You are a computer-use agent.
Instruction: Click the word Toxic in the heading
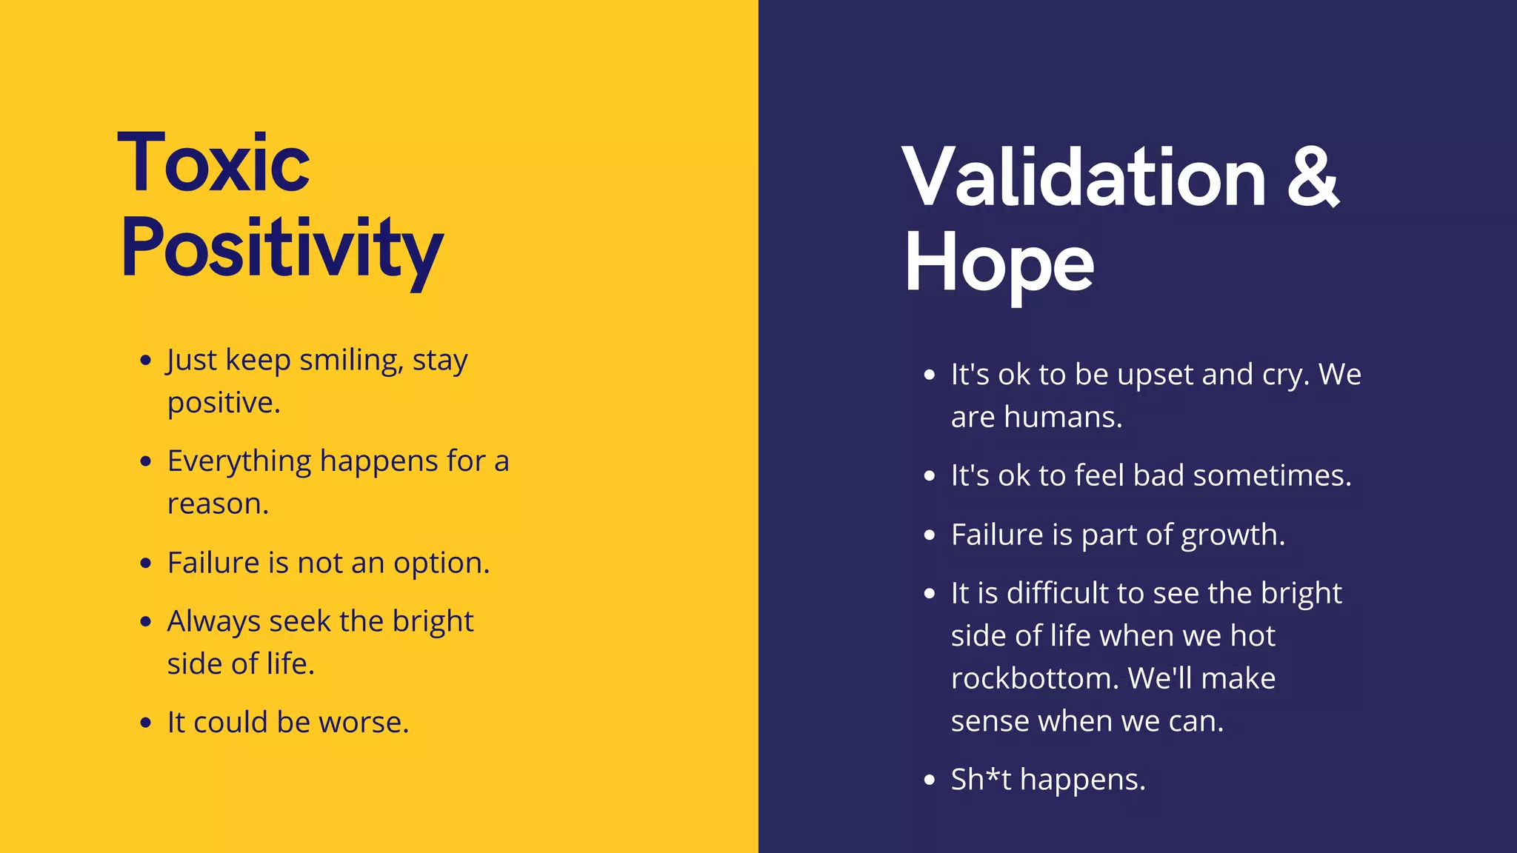213,163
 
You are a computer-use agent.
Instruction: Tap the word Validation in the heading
1083,178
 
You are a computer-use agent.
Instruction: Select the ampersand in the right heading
1312,178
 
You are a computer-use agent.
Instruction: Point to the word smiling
351,361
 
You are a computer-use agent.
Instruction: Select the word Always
213,622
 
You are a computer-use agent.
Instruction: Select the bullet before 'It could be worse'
146,723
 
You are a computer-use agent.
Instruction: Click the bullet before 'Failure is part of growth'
930,535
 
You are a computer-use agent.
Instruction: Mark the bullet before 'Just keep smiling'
146,361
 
